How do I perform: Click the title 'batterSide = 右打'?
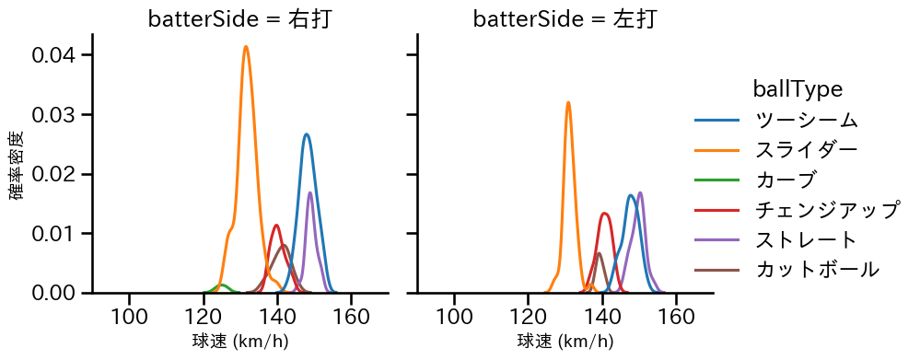(x=239, y=19)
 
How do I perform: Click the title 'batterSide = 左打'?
(x=565, y=19)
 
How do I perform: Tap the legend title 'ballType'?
(x=798, y=89)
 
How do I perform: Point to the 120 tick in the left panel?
(x=203, y=317)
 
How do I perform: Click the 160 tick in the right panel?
(x=676, y=317)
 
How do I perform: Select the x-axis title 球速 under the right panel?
(x=565, y=343)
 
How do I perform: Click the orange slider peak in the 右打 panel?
(x=246, y=47)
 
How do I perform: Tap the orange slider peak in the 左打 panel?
(x=568, y=102)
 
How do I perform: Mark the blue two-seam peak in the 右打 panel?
(x=306, y=134)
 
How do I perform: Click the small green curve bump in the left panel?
(x=221, y=285)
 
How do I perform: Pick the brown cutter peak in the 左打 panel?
(x=599, y=253)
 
